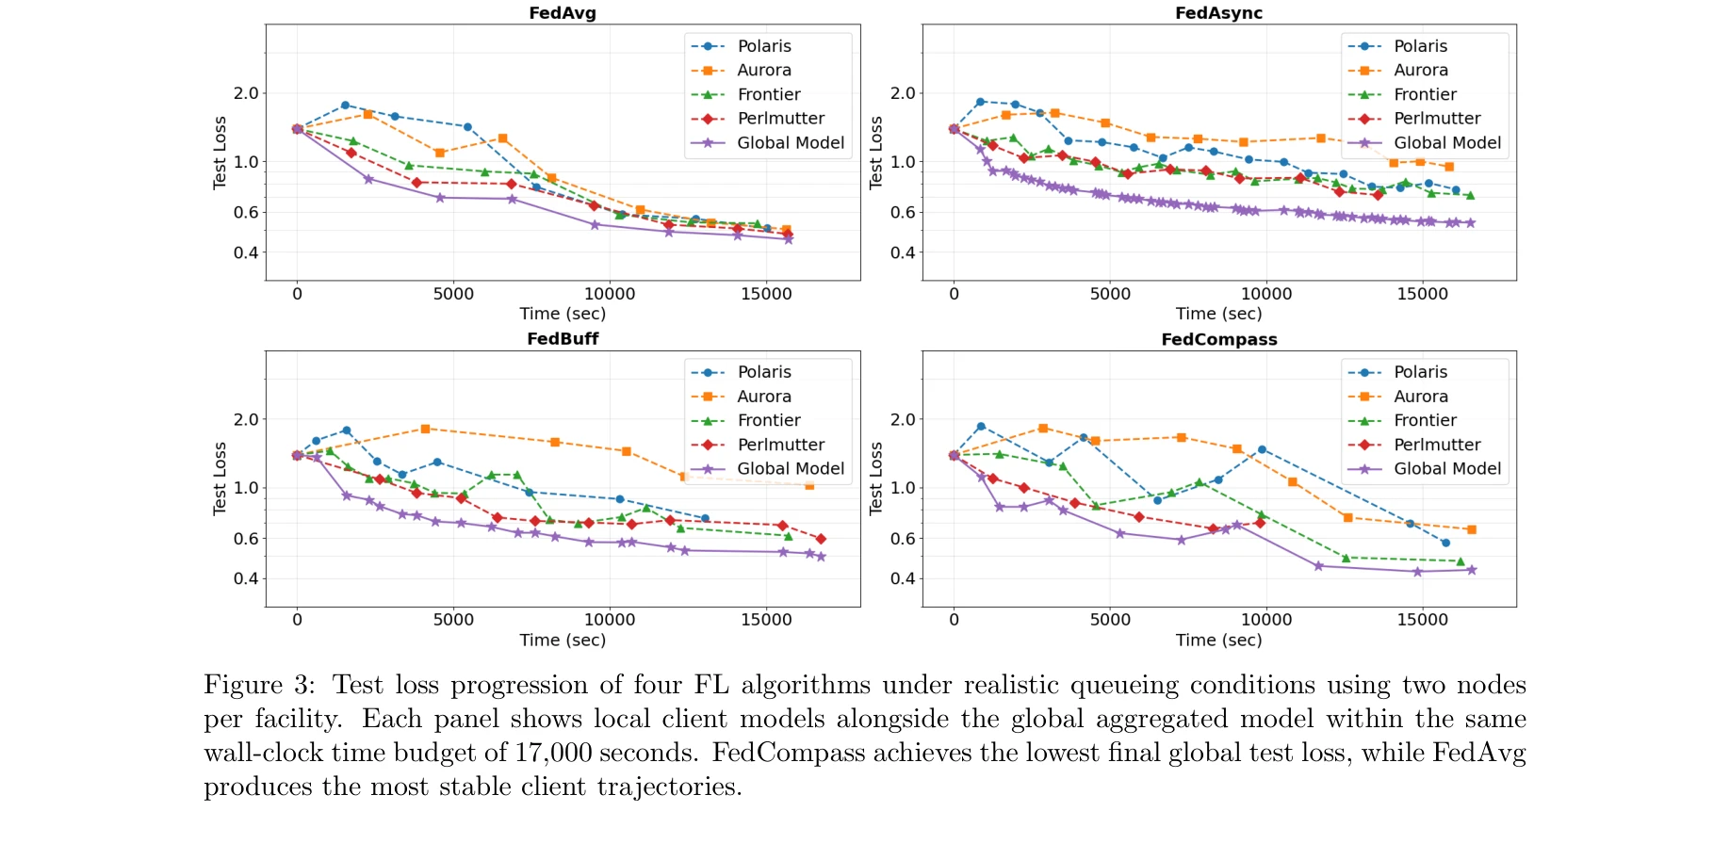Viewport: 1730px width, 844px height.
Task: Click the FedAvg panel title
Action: (x=563, y=13)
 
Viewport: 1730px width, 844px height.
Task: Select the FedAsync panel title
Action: (x=1218, y=13)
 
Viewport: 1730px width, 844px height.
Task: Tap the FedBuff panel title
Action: (x=563, y=339)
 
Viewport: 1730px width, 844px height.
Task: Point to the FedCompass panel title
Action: (x=1218, y=339)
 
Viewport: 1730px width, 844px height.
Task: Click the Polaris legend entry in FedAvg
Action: (x=763, y=46)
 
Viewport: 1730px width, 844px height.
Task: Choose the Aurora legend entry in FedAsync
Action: (x=1420, y=71)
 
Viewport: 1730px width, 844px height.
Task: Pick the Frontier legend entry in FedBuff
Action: (x=768, y=420)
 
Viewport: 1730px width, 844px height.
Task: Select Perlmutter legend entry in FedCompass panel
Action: (x=1437, y=445)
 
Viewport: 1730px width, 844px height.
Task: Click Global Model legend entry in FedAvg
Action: (x=790, y=143)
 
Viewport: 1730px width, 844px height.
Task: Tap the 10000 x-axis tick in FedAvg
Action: (x=610, y=294)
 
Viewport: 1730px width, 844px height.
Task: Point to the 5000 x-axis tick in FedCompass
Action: (x=1110, y=620)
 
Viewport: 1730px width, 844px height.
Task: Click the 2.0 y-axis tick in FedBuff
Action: (x=246, y=419)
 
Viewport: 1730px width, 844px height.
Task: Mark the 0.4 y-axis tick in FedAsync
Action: (x=903, y=252)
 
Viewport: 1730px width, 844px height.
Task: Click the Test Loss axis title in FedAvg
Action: (x=220, y=153)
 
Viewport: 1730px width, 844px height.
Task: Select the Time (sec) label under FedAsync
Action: (x=1218, y=314)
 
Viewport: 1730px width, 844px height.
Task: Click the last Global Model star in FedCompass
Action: (x=1471, y=570)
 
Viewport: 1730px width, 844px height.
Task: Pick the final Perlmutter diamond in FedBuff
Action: (x=821, y=539)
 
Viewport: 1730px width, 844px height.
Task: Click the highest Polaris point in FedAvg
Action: (x=345, y=105)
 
